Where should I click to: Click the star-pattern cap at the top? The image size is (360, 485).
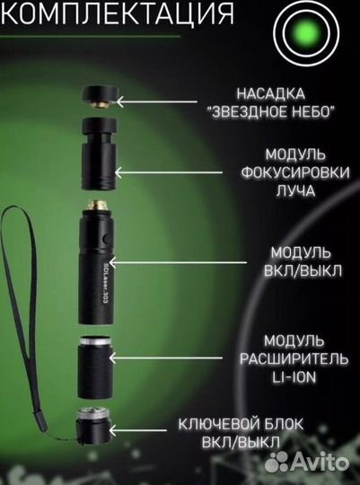pos(99,95)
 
